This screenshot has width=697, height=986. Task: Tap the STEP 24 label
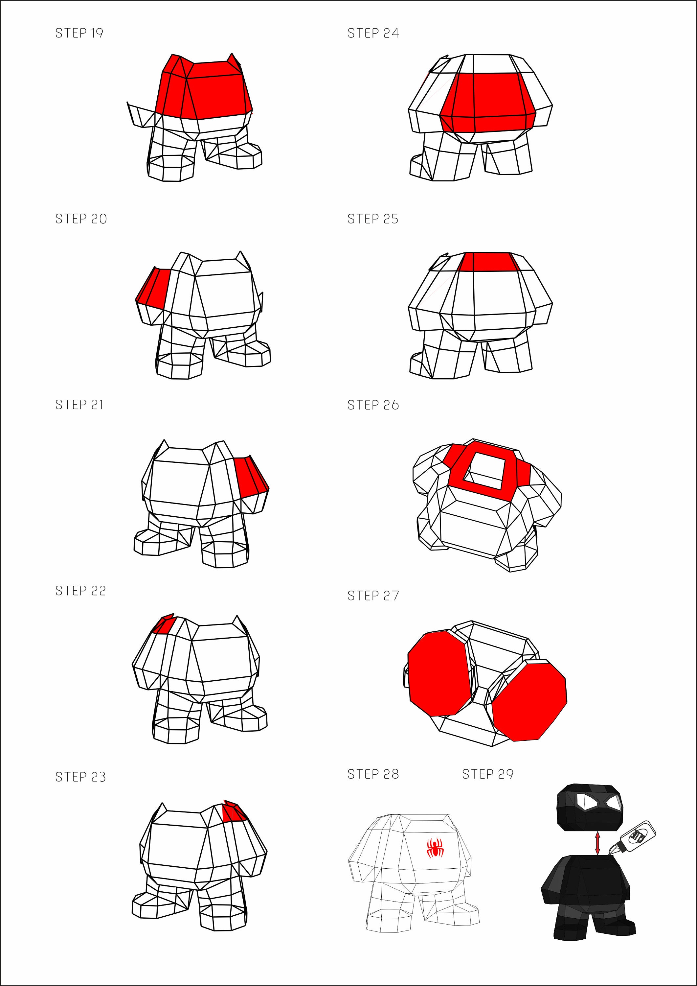(373, 33)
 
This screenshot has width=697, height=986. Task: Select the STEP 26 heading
(373, 405)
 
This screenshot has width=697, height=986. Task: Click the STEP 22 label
(80, 591)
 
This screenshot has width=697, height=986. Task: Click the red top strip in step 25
(488, 262)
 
